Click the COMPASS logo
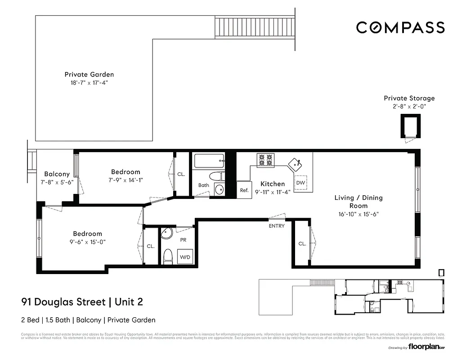tap(400, 27)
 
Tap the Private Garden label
tap(89, 75)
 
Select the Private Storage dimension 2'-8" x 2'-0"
tap(409, 107)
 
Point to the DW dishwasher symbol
tap(300, 183)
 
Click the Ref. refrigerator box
tap(244, 190)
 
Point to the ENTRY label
tap(277, 226)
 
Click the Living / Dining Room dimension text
tap(358, 214)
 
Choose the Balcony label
tap(57, 174)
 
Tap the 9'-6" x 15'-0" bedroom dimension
tap(88, 242)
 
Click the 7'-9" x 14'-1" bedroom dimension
tap(125, 180)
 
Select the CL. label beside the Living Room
tap(302, 244)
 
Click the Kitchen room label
tap(273, 184)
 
